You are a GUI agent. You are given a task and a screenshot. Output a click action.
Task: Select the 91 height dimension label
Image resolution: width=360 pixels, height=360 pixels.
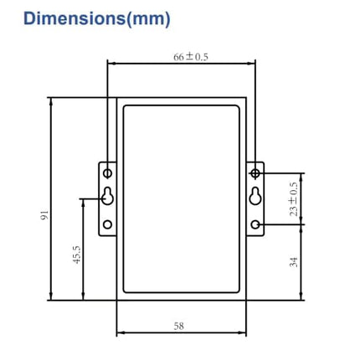(44, 216)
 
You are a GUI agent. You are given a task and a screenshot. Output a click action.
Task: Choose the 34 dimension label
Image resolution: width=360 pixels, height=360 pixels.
(293, 262)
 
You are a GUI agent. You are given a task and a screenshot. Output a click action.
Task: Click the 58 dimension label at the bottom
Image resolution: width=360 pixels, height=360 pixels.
(178, 326)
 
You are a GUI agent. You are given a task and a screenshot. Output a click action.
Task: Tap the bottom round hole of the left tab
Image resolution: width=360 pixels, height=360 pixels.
(107, 224)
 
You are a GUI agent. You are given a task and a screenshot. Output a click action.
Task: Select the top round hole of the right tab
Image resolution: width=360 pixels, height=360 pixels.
(255, 172)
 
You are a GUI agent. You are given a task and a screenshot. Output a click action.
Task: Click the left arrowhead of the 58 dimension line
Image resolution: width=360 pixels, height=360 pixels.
(119, 332)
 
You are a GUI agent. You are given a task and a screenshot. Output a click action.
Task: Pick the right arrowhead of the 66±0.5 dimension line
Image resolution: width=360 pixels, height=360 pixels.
(252, 63)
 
